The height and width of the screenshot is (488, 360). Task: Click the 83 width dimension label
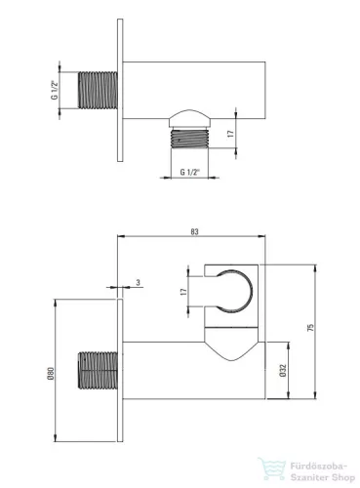pyautogui.click(x=194, y=232)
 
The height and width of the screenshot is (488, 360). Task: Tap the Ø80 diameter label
pyautogui.click(x=51, y=374)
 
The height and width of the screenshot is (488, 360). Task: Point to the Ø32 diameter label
pyautogui.click(x=283, y=371)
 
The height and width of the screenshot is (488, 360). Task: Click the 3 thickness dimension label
pyautogui.click(x=139, y=282)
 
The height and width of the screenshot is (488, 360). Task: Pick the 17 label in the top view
pyautogui.click(x=230, y=134)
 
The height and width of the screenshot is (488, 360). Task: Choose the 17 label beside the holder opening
pyautogui.click(x=184, y=292)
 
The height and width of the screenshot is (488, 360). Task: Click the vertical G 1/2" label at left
pyautogui.click(x=55, y=90)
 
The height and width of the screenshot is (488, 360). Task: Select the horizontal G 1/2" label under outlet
pyautogui.click(x=190, y=172)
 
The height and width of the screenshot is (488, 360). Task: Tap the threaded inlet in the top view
pyautogui.click(x=98, y=90)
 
